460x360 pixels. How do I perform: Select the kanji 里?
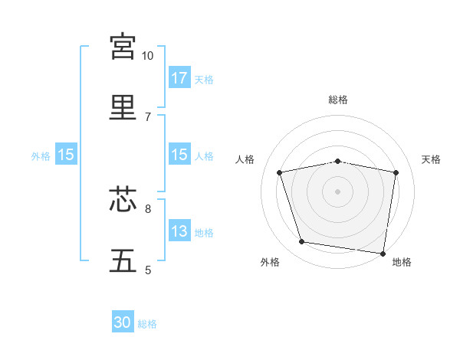[x=123, y=106]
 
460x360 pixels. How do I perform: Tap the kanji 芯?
[x=123, y=199]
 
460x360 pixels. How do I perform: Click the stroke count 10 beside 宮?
[x=147, y=56]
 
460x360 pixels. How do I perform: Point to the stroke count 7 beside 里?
[x=148, y=116]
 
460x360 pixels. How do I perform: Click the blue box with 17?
[x=179, y=77]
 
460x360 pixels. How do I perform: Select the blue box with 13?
[x=179, y=231]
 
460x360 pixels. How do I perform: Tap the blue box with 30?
[x=123, y=322]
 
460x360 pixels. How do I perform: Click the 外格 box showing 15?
[x=66, y=155]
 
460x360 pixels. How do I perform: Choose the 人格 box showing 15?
[x=179, y=155]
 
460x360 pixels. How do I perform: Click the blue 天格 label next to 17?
[x=204, y=79]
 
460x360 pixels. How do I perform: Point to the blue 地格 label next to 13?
[x=204, y=233]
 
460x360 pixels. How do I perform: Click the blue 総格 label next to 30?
[x=147, y=324]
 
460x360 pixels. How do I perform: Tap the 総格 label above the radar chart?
[x=338, y=100]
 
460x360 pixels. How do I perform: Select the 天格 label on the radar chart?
[x=431, y=159]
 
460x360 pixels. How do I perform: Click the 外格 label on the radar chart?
[x=270, y=263]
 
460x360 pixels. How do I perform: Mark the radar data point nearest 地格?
[x=383, y=253]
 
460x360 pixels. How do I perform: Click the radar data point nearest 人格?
[x=280, y=172]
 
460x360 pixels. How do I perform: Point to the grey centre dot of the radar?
[x=338, y=191]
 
